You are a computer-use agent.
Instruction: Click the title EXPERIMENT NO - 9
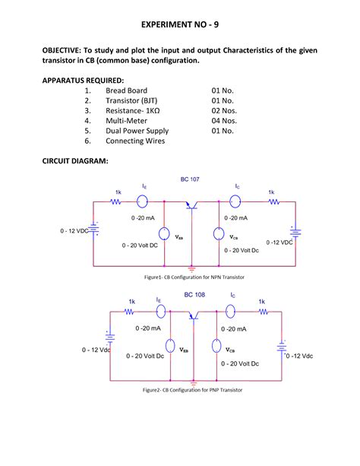click(179, 25)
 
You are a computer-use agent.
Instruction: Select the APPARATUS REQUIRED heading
click(84, 79)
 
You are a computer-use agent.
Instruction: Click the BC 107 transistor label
click(189, 179)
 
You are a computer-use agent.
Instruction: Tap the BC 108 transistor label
click(195, 294)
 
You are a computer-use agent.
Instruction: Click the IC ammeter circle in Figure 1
click(235, 201)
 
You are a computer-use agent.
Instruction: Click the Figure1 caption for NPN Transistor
click(190, 278)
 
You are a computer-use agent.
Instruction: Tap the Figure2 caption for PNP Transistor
click(192, 391)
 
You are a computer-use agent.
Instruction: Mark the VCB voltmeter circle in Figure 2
click(218, 347)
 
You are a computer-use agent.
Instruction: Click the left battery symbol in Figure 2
click(111, 340)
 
